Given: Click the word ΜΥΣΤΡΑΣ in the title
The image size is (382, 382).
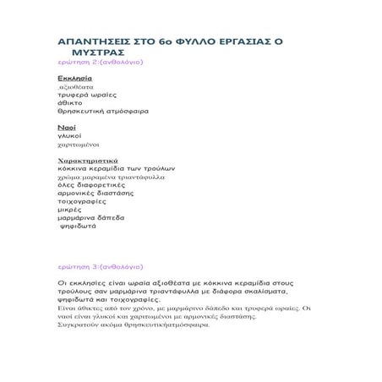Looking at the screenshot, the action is (95, 52).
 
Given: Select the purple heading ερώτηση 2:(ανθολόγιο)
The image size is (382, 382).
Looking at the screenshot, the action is (100, 63).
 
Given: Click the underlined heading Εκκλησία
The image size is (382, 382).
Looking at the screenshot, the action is (68, 78).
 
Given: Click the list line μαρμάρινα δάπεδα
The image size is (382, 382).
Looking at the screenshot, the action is (90, 218).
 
